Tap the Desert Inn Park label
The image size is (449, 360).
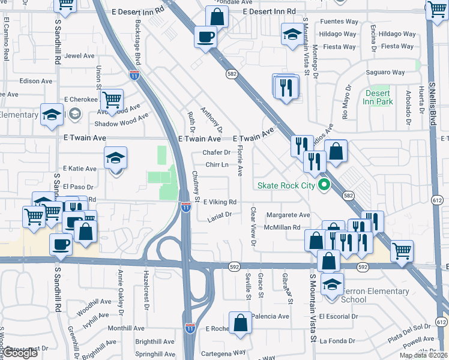click(377, 97)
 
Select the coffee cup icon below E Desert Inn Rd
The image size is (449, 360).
click(205, 37)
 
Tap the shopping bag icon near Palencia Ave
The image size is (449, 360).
click(240, 322)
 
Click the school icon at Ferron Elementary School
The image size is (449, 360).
click(331, 284)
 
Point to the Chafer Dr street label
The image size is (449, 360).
click(216, 152)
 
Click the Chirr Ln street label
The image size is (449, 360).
click(217, 164)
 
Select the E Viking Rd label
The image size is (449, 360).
click(220, 202)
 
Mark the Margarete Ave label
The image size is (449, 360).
click(288, 215)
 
